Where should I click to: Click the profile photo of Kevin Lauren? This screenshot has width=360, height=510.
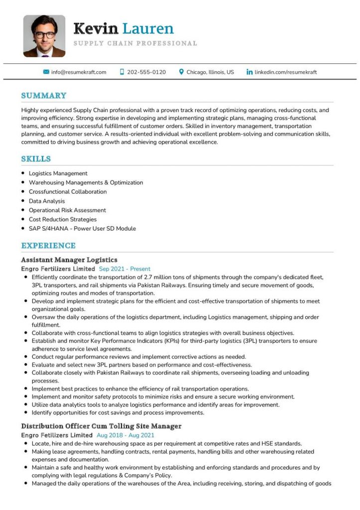coord(44,36)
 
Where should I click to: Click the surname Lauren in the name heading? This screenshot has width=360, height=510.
coord(148,28)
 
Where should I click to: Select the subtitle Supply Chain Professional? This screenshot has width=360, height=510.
coord(135,43)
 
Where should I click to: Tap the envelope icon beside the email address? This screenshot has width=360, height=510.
coord(46,72)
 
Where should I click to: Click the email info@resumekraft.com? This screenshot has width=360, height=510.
coord(79,72)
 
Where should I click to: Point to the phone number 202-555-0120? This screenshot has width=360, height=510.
coord(146,72)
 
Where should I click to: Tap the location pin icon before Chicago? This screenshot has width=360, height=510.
coord(182,72)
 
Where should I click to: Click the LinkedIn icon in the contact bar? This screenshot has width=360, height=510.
coord(249,72)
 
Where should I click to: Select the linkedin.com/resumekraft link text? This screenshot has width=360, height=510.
coord(285,72)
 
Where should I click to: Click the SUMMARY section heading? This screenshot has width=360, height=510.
coord(44,96)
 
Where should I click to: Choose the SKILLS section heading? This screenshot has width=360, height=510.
coord(36,159)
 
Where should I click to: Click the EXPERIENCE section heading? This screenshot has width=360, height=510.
coord(48,246)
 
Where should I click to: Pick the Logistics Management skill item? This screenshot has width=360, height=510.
coord(58,173)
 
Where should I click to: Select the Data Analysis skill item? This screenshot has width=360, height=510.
coord(47,201)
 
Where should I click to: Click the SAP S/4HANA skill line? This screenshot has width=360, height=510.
coord(82,229)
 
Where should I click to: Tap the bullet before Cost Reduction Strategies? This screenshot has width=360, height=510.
coord(23,219)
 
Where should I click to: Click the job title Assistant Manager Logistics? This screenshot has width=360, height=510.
coord(69,259)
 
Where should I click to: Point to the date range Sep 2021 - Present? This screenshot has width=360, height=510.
coord(124,269)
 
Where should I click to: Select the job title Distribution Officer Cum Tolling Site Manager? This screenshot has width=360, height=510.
coord(101,426)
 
